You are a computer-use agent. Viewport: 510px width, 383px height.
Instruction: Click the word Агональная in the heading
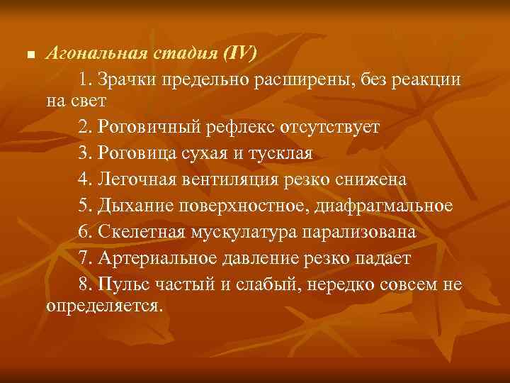[96, 54]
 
